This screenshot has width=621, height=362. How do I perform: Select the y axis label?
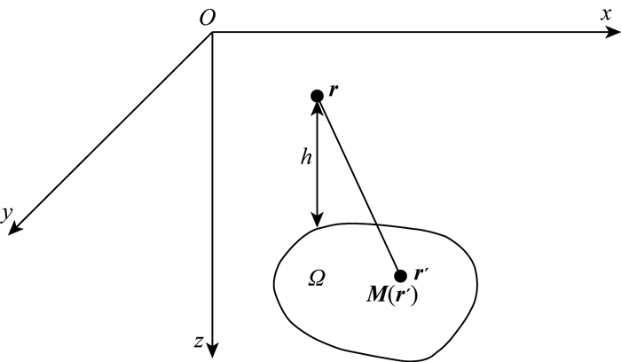pos(6,213)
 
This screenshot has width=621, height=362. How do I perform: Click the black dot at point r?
pos(317,96)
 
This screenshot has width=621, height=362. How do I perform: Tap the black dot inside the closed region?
pos(400,276)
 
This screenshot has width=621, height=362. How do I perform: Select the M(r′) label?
pos(393,296)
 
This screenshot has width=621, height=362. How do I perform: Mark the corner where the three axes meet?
pos(213,34)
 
